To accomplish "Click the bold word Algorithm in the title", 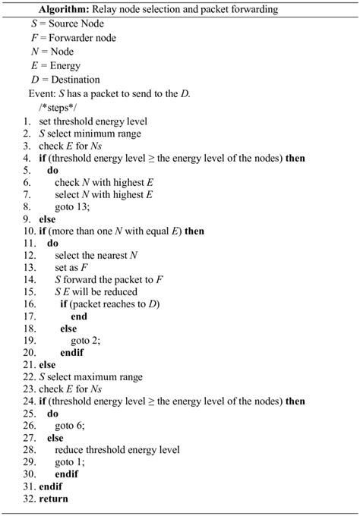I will point(71,10).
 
